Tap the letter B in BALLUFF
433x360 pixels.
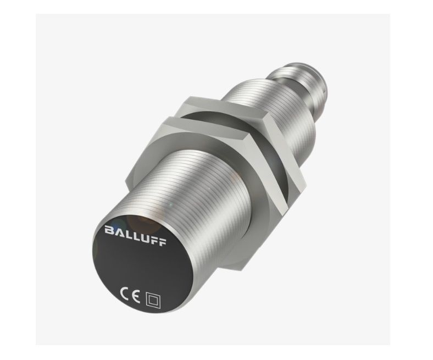coord(109,230)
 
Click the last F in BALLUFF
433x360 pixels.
coord(163,241)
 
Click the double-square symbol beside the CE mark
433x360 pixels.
coord(153,301)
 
